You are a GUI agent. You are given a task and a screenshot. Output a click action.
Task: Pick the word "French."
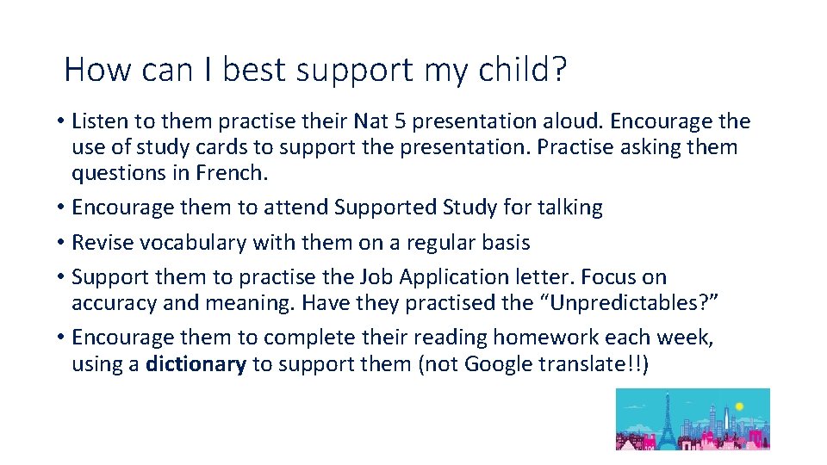232,173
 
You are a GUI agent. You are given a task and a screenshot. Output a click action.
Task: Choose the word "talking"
569,208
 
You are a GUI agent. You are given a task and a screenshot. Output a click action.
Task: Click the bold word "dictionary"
196,364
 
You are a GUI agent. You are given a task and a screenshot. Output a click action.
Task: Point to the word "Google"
499,364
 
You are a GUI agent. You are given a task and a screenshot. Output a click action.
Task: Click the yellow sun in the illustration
738,405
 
